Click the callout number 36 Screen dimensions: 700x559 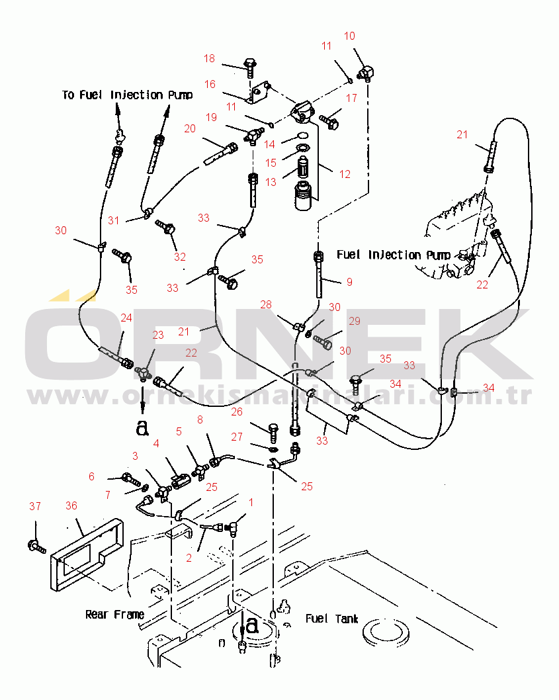pyautogui.click(x=71, y=505)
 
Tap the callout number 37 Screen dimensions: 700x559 pyautogui.click(x=34, y=506)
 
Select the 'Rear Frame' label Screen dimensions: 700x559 pyautogui.click(x=114, y=615)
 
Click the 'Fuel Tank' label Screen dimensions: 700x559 pyautogui.click(x=331, y=619)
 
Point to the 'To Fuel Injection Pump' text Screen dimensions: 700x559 pyautogui.click(x=128, y=95)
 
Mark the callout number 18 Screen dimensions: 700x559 pyautogui.click(x=210, y=59)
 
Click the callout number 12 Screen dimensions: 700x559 pyautogui.click(x=344, y=175)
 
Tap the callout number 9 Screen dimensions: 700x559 pyautogui.click(x=349, y=281)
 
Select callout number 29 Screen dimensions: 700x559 pyautogui.click(x=355, y=321)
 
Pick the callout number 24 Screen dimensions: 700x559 pyautogui.click(x=126, y=318)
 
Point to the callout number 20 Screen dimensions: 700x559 pyautogui.click(x=190, y=128)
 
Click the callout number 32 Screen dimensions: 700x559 pyautogui.click(x=179, y=257)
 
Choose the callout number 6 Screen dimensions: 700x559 pyautogui.click(x=91, y=476)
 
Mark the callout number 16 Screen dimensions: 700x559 pyautogui.click(x=210, y=84)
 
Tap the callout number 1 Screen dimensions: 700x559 pyautogui.click(x=250, y=503)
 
